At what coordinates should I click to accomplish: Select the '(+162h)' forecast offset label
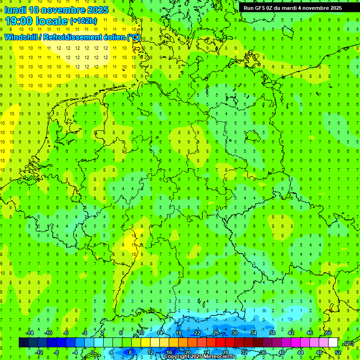[x=83, y=21]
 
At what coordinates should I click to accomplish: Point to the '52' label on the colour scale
[x=338, y=352]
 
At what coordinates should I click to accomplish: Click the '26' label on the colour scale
[x=216, y=333]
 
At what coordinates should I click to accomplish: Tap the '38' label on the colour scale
[x=272, y=333]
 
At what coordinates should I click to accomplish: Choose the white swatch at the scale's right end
[x=333, y=343]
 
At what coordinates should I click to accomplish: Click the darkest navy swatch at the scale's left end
[x=23, y=343]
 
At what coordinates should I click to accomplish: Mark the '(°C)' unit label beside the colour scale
[x=349, y=343]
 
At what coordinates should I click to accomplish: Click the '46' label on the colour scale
[x=310, y=333]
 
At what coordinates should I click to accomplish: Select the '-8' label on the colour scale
[x=57, y=352]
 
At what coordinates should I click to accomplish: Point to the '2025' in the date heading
[x=97, y=9]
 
